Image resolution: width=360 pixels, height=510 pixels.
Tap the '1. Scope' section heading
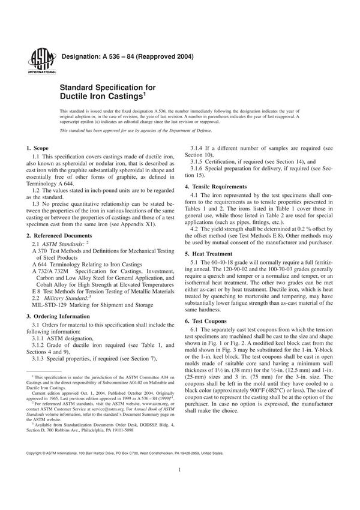click(37, 148)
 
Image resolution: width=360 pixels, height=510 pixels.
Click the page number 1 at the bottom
click(179, 487)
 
